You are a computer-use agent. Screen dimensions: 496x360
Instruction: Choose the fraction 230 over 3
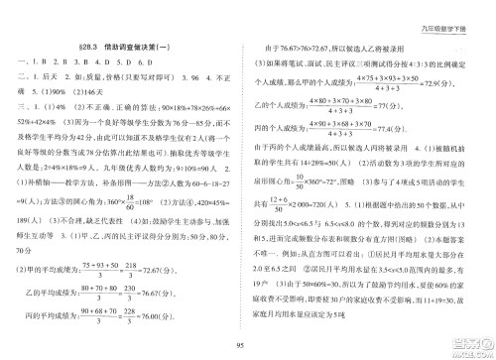coord(166,294)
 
